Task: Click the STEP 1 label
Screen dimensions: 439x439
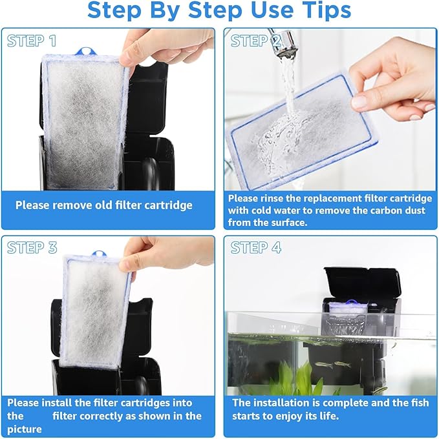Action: (32, 41)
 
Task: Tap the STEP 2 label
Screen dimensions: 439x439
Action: (256, 41)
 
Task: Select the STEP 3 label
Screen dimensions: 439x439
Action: (32, 248)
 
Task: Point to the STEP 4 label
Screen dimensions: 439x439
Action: (256, 248)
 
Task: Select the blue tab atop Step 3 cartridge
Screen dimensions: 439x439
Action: (98, 256)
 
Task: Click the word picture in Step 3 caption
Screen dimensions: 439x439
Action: (25, 429)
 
